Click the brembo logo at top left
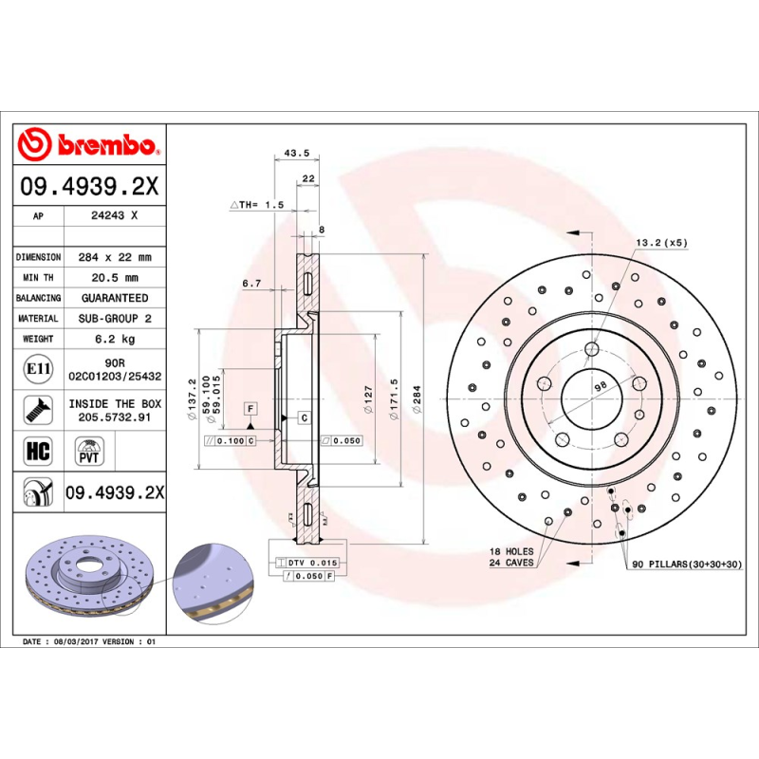tap(87, 144)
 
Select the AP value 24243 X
tap(115, 216)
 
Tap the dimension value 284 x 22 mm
tap(115, 257)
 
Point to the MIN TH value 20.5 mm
tap(115, 278)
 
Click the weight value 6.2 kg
tap(115, 339)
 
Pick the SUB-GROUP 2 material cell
tap(115, 319)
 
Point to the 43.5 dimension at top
tap(296, 153)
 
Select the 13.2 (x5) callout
tap(661, 243)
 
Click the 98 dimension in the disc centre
tap(599, 387)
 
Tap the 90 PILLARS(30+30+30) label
tap(686, 565)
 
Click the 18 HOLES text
tap(511, 551)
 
